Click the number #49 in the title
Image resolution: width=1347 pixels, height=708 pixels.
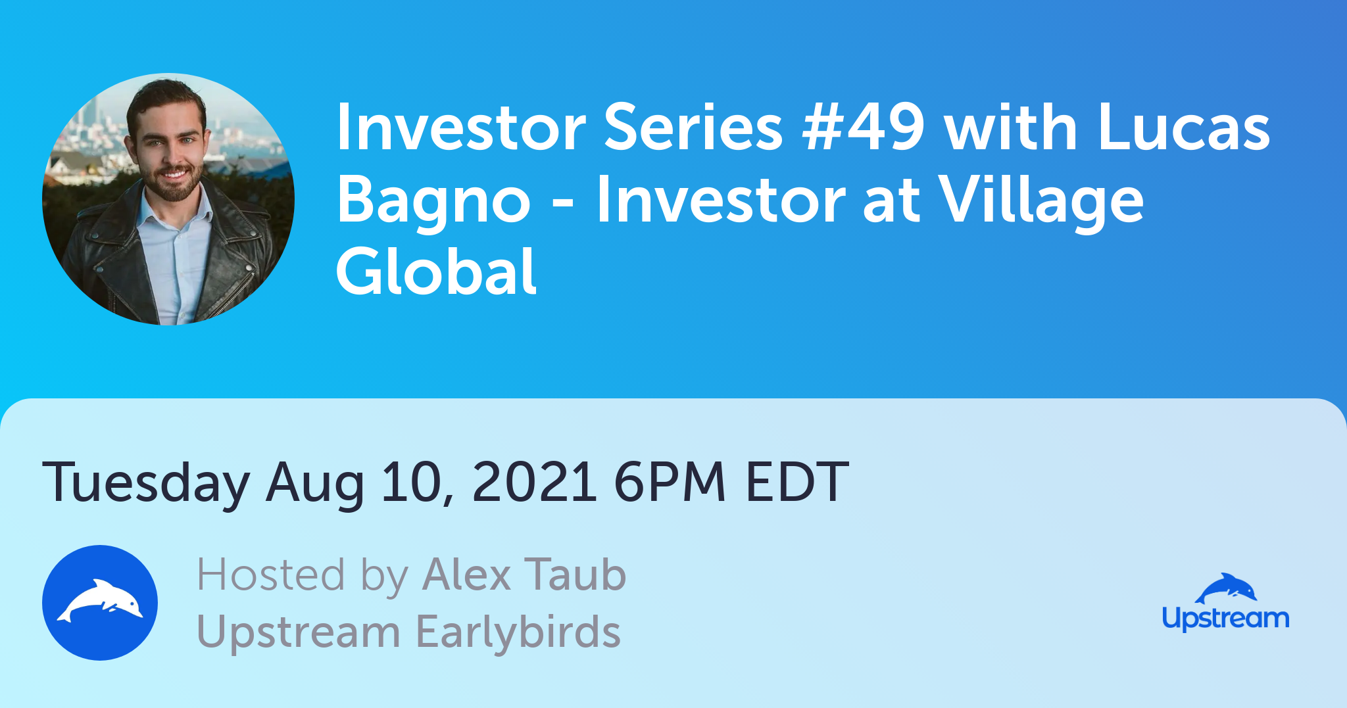pos(863,128)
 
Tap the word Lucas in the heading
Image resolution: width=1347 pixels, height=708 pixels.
pos(1183,128)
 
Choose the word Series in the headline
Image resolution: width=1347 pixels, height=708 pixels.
pos(693,128)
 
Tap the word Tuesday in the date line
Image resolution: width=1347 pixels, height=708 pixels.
pos(146,483)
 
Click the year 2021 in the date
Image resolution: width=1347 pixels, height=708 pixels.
pos(534,482)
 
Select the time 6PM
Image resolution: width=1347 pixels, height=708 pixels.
pos(670,482)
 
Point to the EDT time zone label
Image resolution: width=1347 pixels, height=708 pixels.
pos(796,482)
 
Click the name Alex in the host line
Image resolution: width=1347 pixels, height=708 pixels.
pos(467,575)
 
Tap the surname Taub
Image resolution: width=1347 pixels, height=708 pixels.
pos(575,575)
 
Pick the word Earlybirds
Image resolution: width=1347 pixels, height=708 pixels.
pos(518,632)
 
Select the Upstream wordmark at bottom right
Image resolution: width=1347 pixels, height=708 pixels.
pos(1225,619)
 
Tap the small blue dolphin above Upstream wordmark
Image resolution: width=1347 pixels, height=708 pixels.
pos(1225,588)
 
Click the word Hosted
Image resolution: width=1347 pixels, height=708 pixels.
pos(270,575)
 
